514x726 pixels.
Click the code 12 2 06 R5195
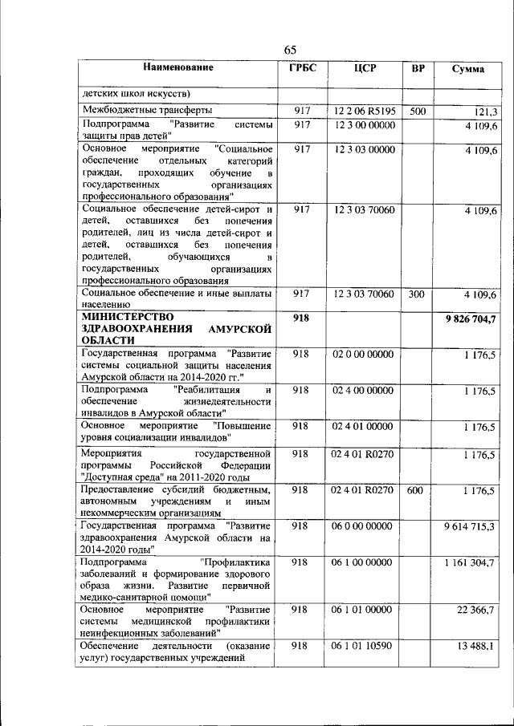(x=365, y=112)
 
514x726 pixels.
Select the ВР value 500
(x=417, y=112)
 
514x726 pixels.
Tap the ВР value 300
(x=417, y=294)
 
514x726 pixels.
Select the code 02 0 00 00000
(x=364, y=354)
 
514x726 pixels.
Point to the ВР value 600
(x=417, y=489)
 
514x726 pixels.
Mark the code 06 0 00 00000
(x=364, y=526)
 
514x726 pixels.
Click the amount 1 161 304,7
(x=470, y=563)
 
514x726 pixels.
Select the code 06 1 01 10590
(x=364, y=646)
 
